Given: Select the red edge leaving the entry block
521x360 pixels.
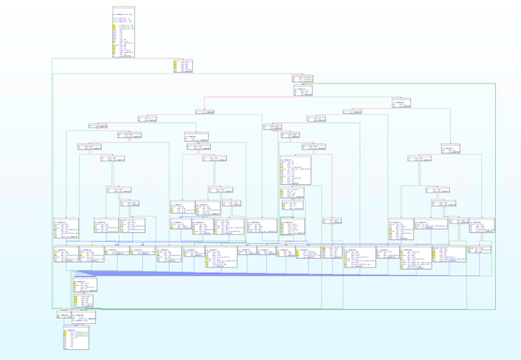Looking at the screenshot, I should (151, 58).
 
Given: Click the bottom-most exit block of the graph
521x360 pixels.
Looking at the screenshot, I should (76, 340).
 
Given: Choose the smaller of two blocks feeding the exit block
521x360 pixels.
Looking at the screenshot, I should (63, 315).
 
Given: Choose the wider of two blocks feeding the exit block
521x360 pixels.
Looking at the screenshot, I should (84, 317).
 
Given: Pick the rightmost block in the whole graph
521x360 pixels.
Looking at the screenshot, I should (482, 226).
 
